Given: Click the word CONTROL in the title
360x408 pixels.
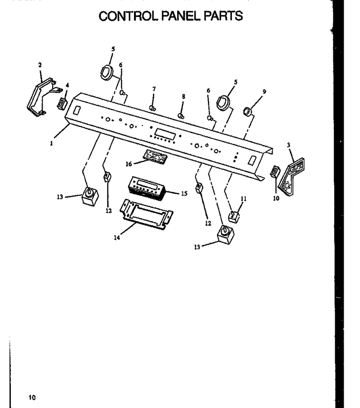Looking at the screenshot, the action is [129, 16].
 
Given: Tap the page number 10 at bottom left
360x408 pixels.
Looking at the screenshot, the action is [32, 397].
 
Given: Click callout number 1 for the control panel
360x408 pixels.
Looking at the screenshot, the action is [52, 143].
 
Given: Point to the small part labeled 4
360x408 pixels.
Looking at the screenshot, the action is [62, 103].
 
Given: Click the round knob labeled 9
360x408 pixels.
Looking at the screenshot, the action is [248, 112].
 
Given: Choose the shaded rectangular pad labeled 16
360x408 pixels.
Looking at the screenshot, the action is [155, 157].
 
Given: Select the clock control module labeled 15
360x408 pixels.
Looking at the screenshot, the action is [146, 188].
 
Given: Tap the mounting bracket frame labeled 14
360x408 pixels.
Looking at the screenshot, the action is [146, 214].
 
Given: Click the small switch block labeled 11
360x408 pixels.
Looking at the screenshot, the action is [234, 217].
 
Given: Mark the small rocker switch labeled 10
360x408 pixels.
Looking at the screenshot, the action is [275, 171].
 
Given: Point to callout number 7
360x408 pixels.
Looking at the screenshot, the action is [154, 89].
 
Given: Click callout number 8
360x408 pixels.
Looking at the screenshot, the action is [183, 97].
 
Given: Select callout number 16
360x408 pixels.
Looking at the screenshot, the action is [129, 164].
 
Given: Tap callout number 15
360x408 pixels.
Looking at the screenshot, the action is [184, 194].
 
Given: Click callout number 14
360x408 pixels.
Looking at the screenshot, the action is [117, 238].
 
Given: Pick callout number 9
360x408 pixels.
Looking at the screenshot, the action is [264, 92].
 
